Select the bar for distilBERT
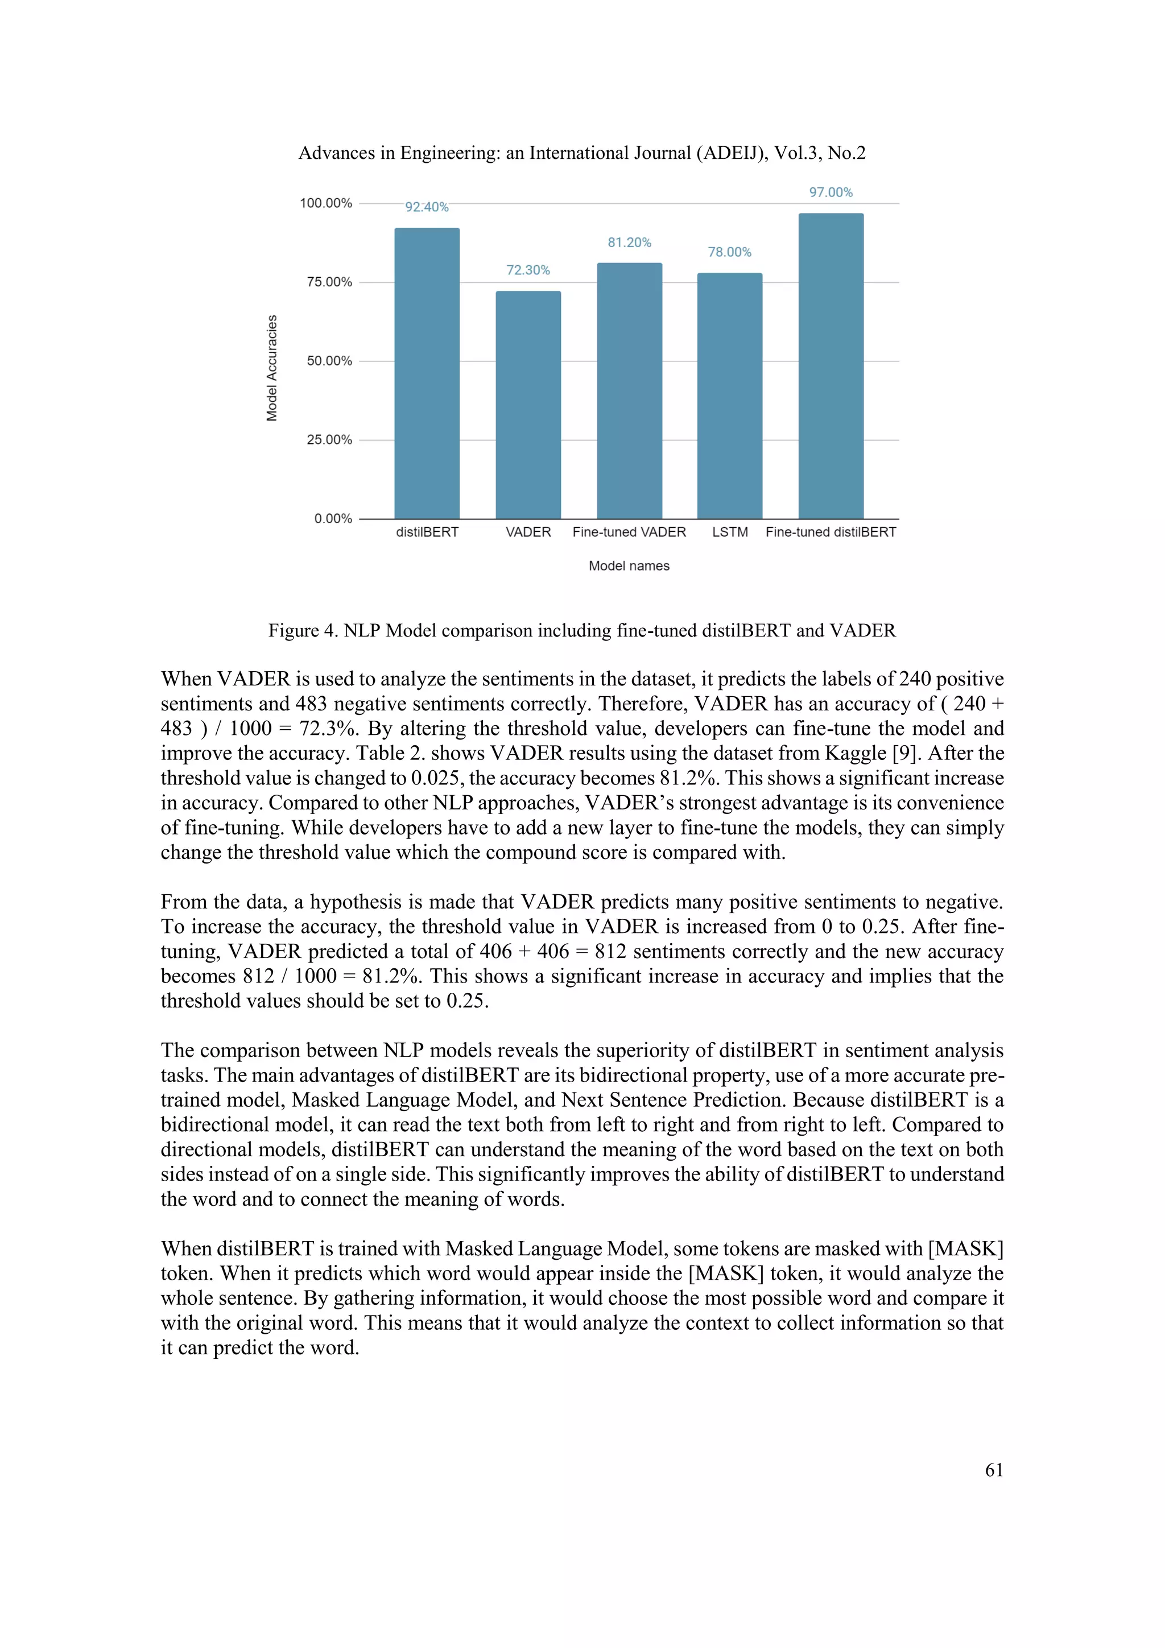[427, 373]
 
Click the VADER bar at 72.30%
[528, 405]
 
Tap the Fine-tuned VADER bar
[629, 391]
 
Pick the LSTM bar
[730, 396]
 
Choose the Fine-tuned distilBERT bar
[831, 366]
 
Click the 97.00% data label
[831, 192]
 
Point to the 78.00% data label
[730, 252]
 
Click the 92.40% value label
[427, 207]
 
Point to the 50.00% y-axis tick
[329, 361]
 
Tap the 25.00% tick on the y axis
[329, 440]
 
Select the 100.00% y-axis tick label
[326, 204]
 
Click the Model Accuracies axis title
[272, 368]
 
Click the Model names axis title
[629, 566]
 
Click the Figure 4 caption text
[582, 631]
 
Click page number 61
[994, 1470]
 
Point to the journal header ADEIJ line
[582, 153]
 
